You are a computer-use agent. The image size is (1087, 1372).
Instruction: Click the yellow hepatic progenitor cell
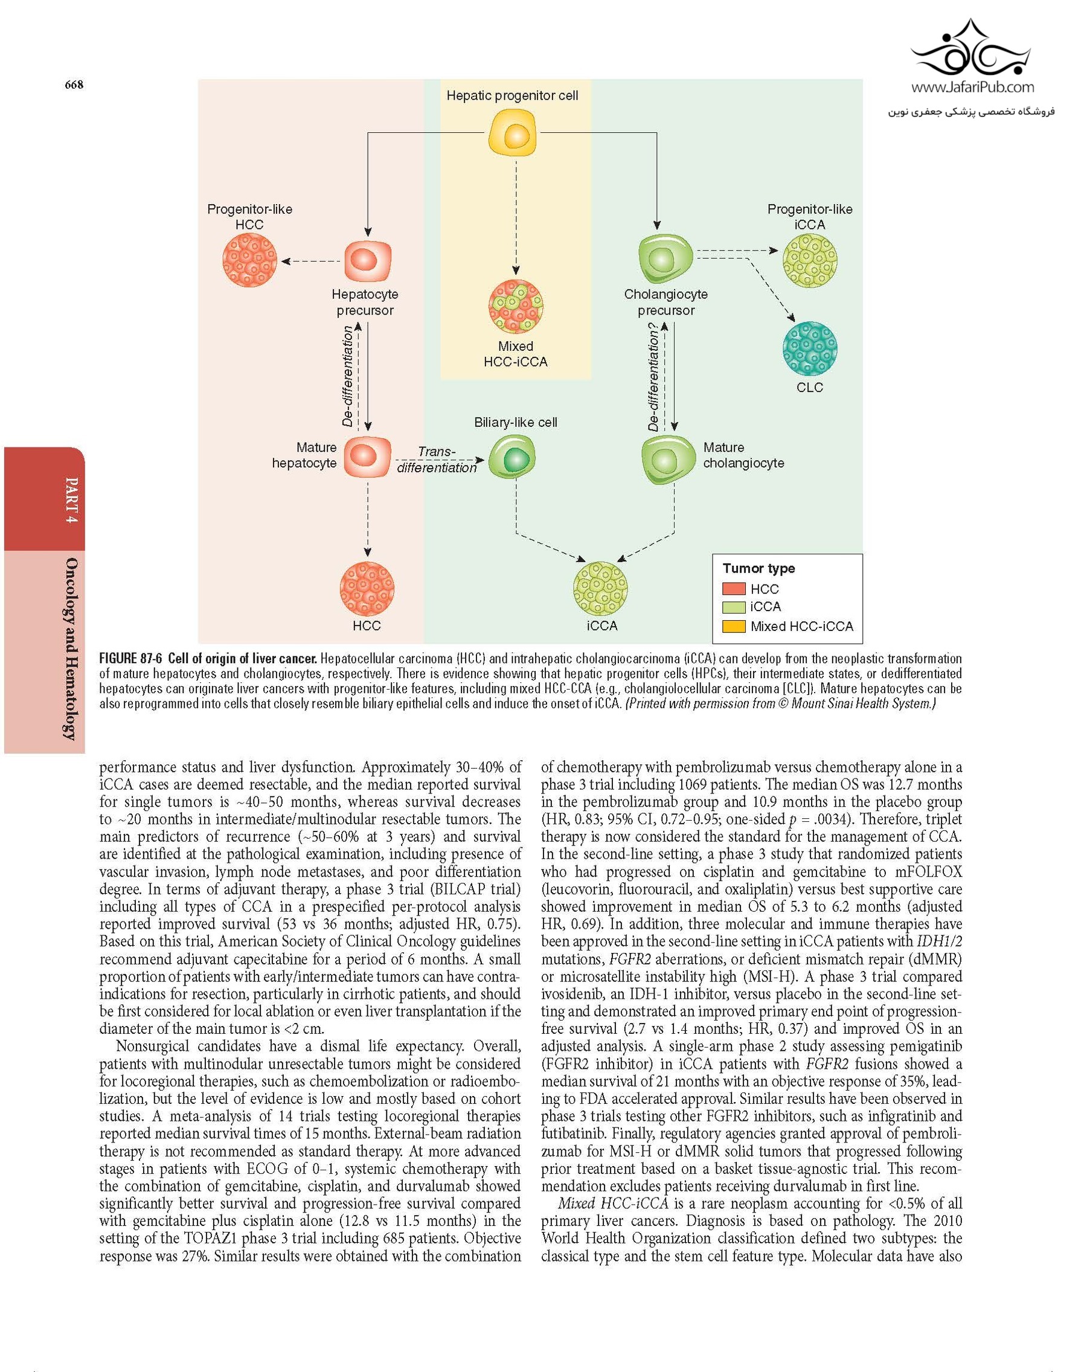pos(512,132)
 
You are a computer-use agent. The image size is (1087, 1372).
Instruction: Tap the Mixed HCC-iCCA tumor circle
pos(516,307)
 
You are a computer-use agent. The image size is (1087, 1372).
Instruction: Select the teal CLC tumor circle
pos(810,348)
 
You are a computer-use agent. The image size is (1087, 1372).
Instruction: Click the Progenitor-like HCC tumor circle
pos(249,259)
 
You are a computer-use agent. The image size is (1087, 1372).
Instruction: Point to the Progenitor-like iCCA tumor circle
pos(810,260)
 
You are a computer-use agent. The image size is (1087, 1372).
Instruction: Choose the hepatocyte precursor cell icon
pos(368,260)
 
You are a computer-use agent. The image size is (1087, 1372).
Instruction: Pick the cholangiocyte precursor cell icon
pos(665,258)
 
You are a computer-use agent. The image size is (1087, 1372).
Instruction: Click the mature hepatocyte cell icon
pos(367,457)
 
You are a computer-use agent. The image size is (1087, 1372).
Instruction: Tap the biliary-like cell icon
pos(512,458)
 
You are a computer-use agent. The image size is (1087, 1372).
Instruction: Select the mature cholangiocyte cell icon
pos(667,458)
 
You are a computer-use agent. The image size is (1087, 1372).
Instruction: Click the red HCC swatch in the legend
pos(734,589)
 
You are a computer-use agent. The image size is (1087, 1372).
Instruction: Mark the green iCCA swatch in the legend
pos(734,607)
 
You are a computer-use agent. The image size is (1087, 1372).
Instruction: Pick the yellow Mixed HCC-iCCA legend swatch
pos(734,626)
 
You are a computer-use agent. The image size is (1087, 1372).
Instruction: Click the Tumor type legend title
pos(758,568)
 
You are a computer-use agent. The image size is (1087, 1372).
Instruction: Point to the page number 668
pos(74,85)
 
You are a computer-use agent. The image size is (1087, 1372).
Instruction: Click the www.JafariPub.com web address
pos(972,87)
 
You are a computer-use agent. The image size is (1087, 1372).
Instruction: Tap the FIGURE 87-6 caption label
pos(130,659)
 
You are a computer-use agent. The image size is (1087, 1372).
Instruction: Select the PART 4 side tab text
pos(72,500)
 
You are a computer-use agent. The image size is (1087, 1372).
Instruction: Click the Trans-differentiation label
pos(437,460)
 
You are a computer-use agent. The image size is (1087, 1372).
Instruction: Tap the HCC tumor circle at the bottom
pos(367,589)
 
